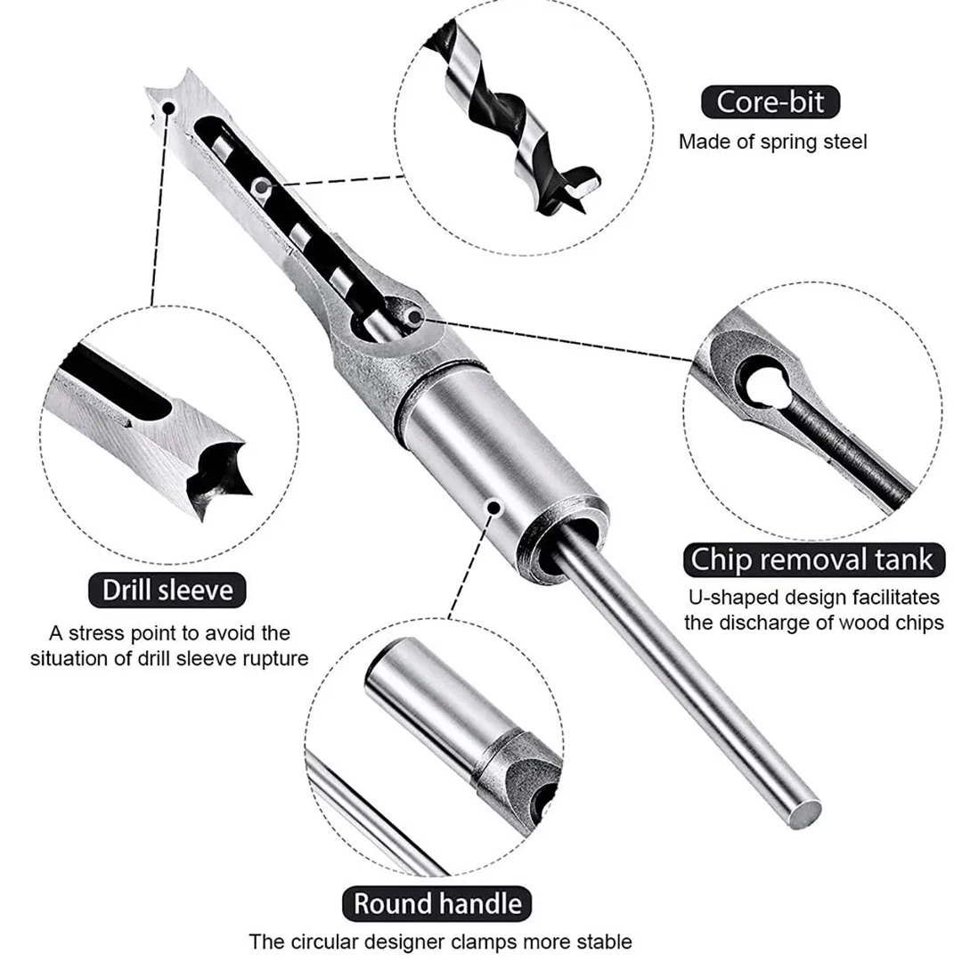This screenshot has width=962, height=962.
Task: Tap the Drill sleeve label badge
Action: click(167, 590)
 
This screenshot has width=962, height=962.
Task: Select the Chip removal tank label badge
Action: click(811, 559)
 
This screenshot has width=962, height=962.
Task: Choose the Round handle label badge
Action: click(436, 903)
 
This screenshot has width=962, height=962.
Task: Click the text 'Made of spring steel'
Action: click(772, 141)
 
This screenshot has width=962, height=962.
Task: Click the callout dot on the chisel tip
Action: click(168, 107)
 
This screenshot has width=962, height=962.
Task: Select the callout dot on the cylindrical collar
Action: click(491, 506)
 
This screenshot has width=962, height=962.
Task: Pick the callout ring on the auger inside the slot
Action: click(260, 186)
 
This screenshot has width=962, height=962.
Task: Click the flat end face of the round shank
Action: click(807, 812)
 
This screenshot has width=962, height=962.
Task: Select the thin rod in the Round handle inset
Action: click(374, 811)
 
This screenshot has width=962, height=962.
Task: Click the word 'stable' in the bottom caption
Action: click(604, 942)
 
